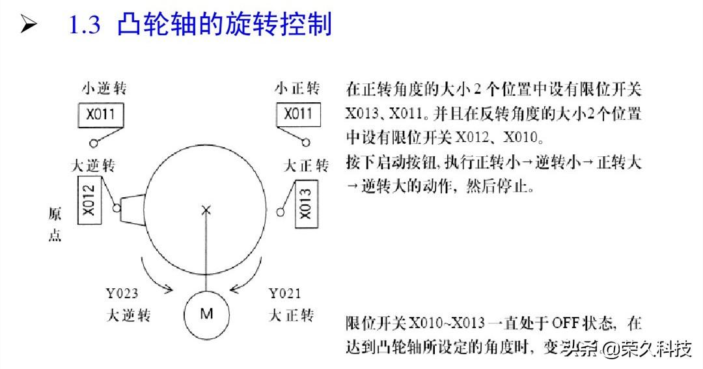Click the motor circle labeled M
tap(206, 314)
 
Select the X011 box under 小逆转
tap(100, 115)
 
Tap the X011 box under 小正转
tap(298, 115)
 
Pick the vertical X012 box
tap(90, 200)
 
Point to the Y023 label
tap(122, 294)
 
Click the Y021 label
tap(284, 294)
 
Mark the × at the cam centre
tap(206, 210)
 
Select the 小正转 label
tap(297, 88)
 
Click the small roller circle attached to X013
tap(281, 210)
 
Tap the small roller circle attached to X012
tap(117, 208)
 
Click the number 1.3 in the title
tap(85, 25)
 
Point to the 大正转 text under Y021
tap(291, 316)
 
